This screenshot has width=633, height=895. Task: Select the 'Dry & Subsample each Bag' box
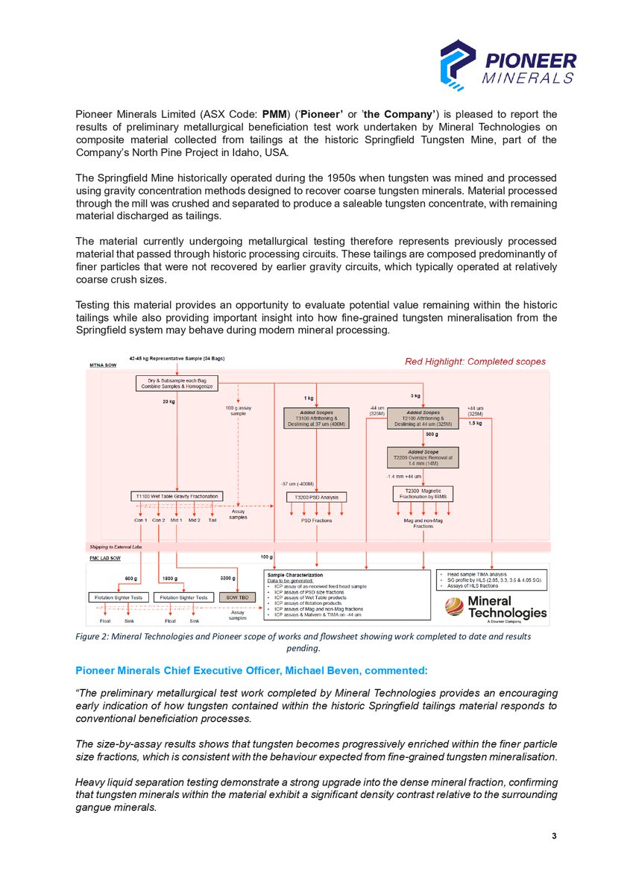point(176,383)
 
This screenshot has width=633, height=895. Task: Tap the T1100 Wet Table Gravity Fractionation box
point(176,496)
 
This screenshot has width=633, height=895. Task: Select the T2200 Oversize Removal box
point(423,456)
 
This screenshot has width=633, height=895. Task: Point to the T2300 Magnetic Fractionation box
point(423,494)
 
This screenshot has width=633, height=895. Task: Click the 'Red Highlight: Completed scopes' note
point(475,362)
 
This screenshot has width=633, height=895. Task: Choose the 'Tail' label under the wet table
point(212,520)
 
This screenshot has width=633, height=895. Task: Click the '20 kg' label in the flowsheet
point(169,401)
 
